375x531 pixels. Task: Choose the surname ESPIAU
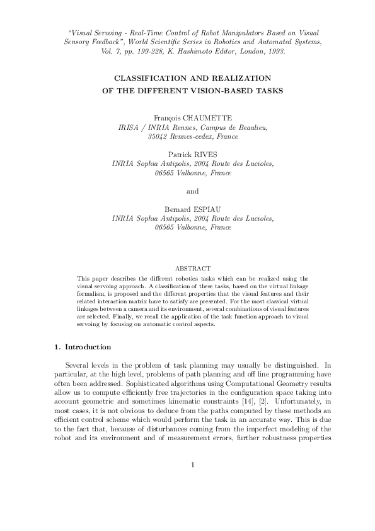pyautogui.click(x=206, y=209)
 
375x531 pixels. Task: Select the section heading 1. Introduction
pyautogui.click(x=82, y=347)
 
